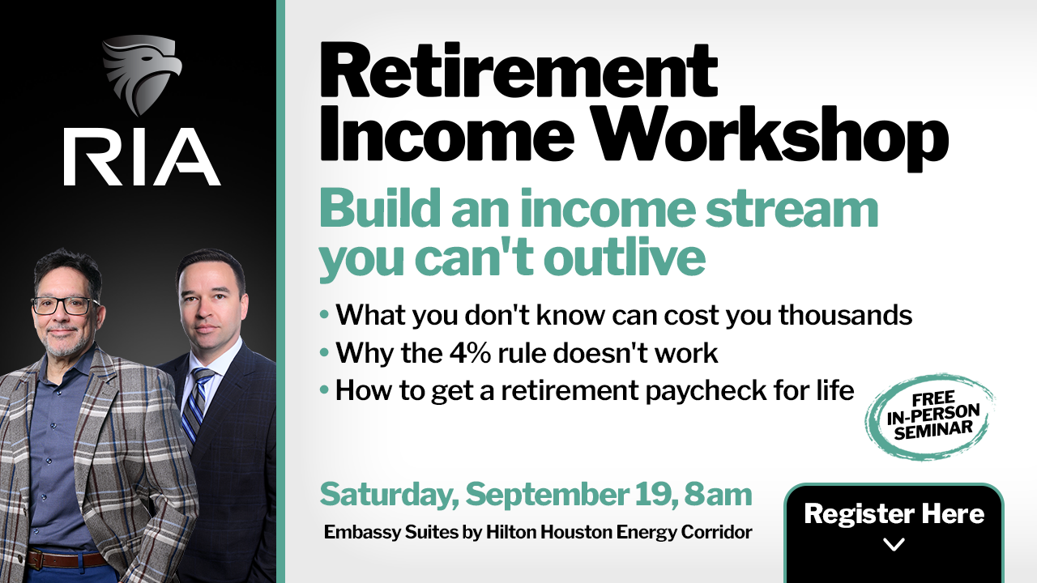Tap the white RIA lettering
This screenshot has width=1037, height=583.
coord(142,157)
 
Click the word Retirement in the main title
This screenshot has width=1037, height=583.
coord(518,70)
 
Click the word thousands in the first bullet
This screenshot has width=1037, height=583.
coord(845,315)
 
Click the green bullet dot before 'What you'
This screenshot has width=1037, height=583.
coord(324,315)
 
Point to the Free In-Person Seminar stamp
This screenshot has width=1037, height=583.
coord(931,417)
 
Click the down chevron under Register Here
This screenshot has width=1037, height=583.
coord(894,544)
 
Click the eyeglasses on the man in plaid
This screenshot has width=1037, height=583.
coord(65,306)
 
